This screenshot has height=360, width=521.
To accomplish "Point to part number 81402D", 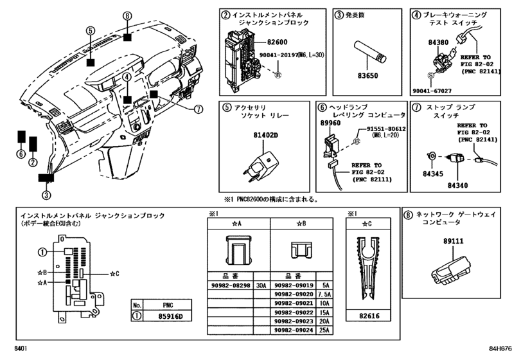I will point(264,136).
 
